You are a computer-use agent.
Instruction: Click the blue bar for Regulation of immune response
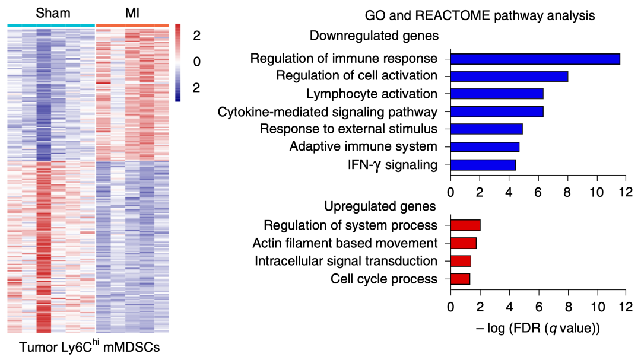tap(535, 59)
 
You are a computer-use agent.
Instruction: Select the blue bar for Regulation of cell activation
tap(509, 76)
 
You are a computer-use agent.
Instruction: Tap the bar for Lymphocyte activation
tap(497, 94)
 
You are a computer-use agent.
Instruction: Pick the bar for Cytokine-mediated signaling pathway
tap(497, 111)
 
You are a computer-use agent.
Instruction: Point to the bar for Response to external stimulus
tap(486, 129)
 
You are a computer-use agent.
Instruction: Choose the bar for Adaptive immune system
tap(484, 146)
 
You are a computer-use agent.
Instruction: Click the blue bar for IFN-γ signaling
tap(483, 164)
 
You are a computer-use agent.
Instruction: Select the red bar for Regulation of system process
tap(465, 225)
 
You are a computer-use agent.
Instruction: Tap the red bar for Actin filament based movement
tap(463, 243)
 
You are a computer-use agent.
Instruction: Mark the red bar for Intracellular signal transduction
tap(461, 261)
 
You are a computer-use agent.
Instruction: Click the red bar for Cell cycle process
tap(460, 279)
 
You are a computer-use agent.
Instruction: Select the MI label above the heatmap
tap(131, 12)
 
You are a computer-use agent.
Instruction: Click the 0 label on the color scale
tap(197, 62)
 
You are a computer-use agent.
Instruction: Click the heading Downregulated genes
tap(374, 36)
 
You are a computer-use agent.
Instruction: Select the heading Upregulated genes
tap(380, 206)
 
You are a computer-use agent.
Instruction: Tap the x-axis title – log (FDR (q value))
tap(538, 326)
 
